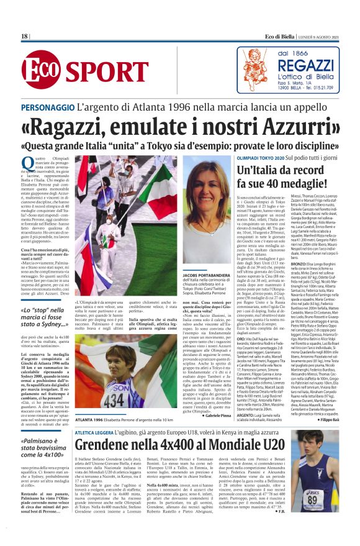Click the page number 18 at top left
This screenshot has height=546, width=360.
[25, 37]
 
